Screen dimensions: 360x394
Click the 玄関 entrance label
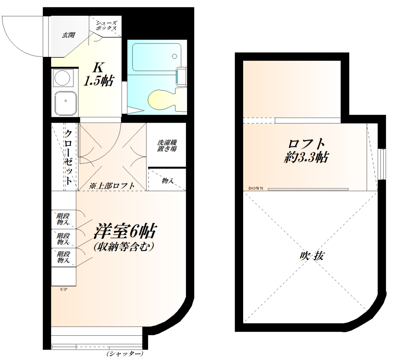(68, 35)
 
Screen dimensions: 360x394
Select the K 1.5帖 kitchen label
(98, 74)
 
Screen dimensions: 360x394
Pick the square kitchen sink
(65, 102)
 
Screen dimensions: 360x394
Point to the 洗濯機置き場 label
(167, 145)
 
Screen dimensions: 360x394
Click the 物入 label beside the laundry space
(167, 180)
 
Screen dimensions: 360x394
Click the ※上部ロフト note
(112, 185)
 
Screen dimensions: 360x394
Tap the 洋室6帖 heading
(125, 232)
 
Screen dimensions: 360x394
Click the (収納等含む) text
(124, 247)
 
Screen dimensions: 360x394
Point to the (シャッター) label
(125, 353)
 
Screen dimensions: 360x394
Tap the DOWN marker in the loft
(255, 188)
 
